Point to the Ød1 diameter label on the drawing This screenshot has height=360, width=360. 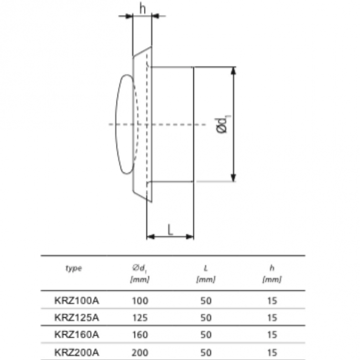[223, 125]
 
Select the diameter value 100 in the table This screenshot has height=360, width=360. [140, 301]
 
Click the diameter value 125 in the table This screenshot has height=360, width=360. [140, 317]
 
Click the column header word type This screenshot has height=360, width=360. [74, 269]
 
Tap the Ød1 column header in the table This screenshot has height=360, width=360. [140, 269]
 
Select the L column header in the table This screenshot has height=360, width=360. [205, 269]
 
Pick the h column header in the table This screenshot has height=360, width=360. [271, 269]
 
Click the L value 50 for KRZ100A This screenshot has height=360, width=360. [205, 301]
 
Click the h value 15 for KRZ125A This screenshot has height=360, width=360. [271, 317]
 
